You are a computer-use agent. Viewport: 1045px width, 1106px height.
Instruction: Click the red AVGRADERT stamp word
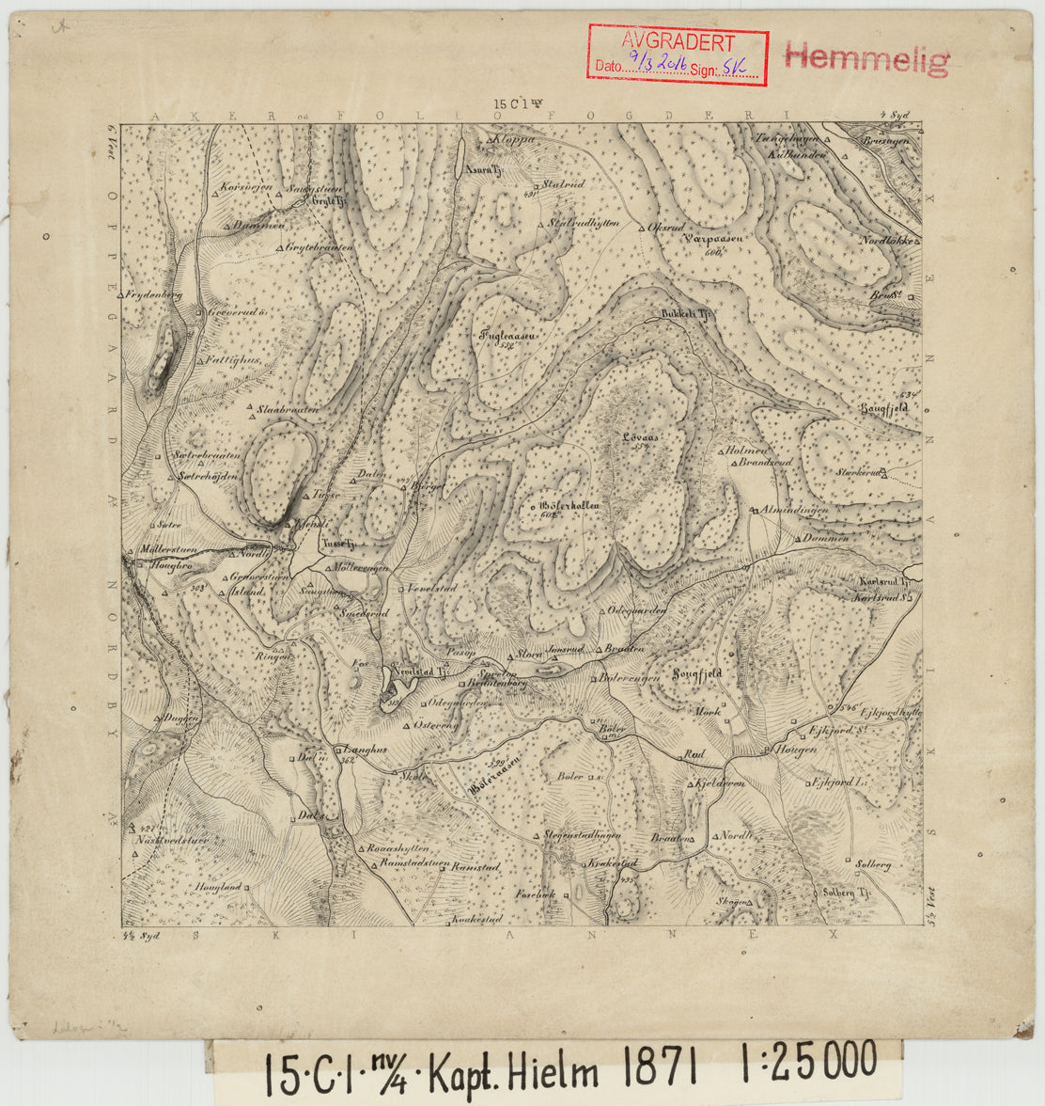(x=677, y=42)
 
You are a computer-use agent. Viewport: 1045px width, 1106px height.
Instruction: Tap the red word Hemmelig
(x=866, y=58)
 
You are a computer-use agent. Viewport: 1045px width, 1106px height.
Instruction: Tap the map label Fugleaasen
(x=507, y=334)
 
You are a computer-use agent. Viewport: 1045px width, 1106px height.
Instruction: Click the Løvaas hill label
(x=640, y=437)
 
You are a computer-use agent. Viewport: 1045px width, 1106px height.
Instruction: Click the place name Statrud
(x=564, y=185)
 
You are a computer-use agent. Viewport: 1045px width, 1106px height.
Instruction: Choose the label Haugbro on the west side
(x=171, y=566)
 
